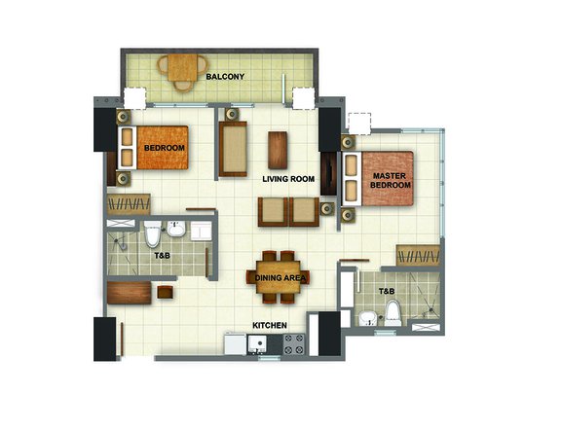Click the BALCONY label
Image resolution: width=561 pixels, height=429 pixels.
click(x=225, y=77)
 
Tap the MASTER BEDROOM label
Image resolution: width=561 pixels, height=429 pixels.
click(x=390, y=181)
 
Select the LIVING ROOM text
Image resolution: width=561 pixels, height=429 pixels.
click(x=288, y=179)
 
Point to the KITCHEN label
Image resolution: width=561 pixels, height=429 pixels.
click(x=270, y=325)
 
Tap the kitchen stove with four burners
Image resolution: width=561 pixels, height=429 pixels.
click(x=294, y=344)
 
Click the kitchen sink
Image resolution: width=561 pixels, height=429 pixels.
click(x=258, y=344)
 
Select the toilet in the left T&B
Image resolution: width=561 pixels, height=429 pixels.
click(x=152, y=234)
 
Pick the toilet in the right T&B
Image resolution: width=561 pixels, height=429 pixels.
click(x=393, y=313)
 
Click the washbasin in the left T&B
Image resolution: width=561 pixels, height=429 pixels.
click(x=176, y=229)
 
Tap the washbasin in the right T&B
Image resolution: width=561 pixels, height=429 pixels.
click(x=369, y=318)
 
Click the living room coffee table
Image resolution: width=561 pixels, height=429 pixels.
click(x=278, y=150)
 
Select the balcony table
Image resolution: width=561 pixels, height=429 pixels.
click(x=182, y=68)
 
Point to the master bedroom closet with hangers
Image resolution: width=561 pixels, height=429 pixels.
click(x=418, y=256)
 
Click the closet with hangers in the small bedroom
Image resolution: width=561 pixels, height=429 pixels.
click(x=129, y=204)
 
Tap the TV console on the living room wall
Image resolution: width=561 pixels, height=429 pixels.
click(x=328, y=173)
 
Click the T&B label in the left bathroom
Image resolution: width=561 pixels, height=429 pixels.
click(x=162, y=256)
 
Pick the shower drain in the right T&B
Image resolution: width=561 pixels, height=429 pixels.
click(x=431, y=310)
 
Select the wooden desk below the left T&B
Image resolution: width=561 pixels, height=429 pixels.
click(x=130, y=293)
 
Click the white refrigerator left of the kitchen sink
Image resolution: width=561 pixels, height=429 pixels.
click(x=235, y=344)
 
